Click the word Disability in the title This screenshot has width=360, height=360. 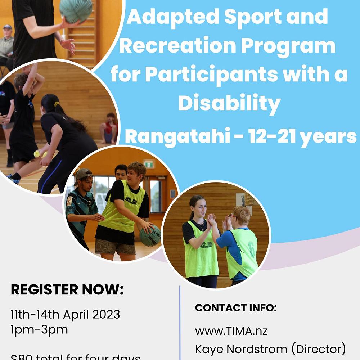point(229,104)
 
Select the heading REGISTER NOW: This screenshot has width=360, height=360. point(67,290)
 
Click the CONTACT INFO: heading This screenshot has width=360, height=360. point(236,308)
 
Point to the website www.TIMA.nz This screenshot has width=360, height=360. point(231,330)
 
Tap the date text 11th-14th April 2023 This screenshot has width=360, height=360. point(65,314)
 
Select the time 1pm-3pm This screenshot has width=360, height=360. point(39,330)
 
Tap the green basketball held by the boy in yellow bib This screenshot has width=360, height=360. point(150,236)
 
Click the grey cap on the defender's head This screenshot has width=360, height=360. point(83,174)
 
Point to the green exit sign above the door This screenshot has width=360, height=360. point(148,164)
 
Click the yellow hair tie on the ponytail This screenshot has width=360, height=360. point(57,105)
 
